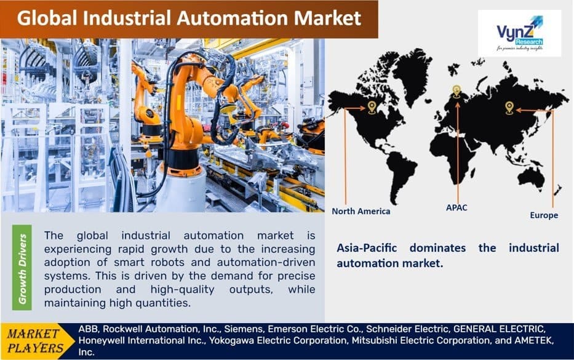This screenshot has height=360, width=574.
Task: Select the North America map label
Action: [x=361, y=211]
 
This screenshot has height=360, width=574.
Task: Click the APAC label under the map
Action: [x=456, y=207]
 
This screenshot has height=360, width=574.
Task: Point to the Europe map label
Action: [x=544, y=215]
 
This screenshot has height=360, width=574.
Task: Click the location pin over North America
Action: [x=372, y=108]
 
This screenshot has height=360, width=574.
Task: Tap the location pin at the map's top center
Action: [x=456, y=91]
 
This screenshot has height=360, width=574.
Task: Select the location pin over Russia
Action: [x=509, y=108]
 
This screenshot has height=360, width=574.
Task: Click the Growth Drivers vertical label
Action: [x=23, y=268]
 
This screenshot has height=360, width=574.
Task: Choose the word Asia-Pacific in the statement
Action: [x=367, y=248]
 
